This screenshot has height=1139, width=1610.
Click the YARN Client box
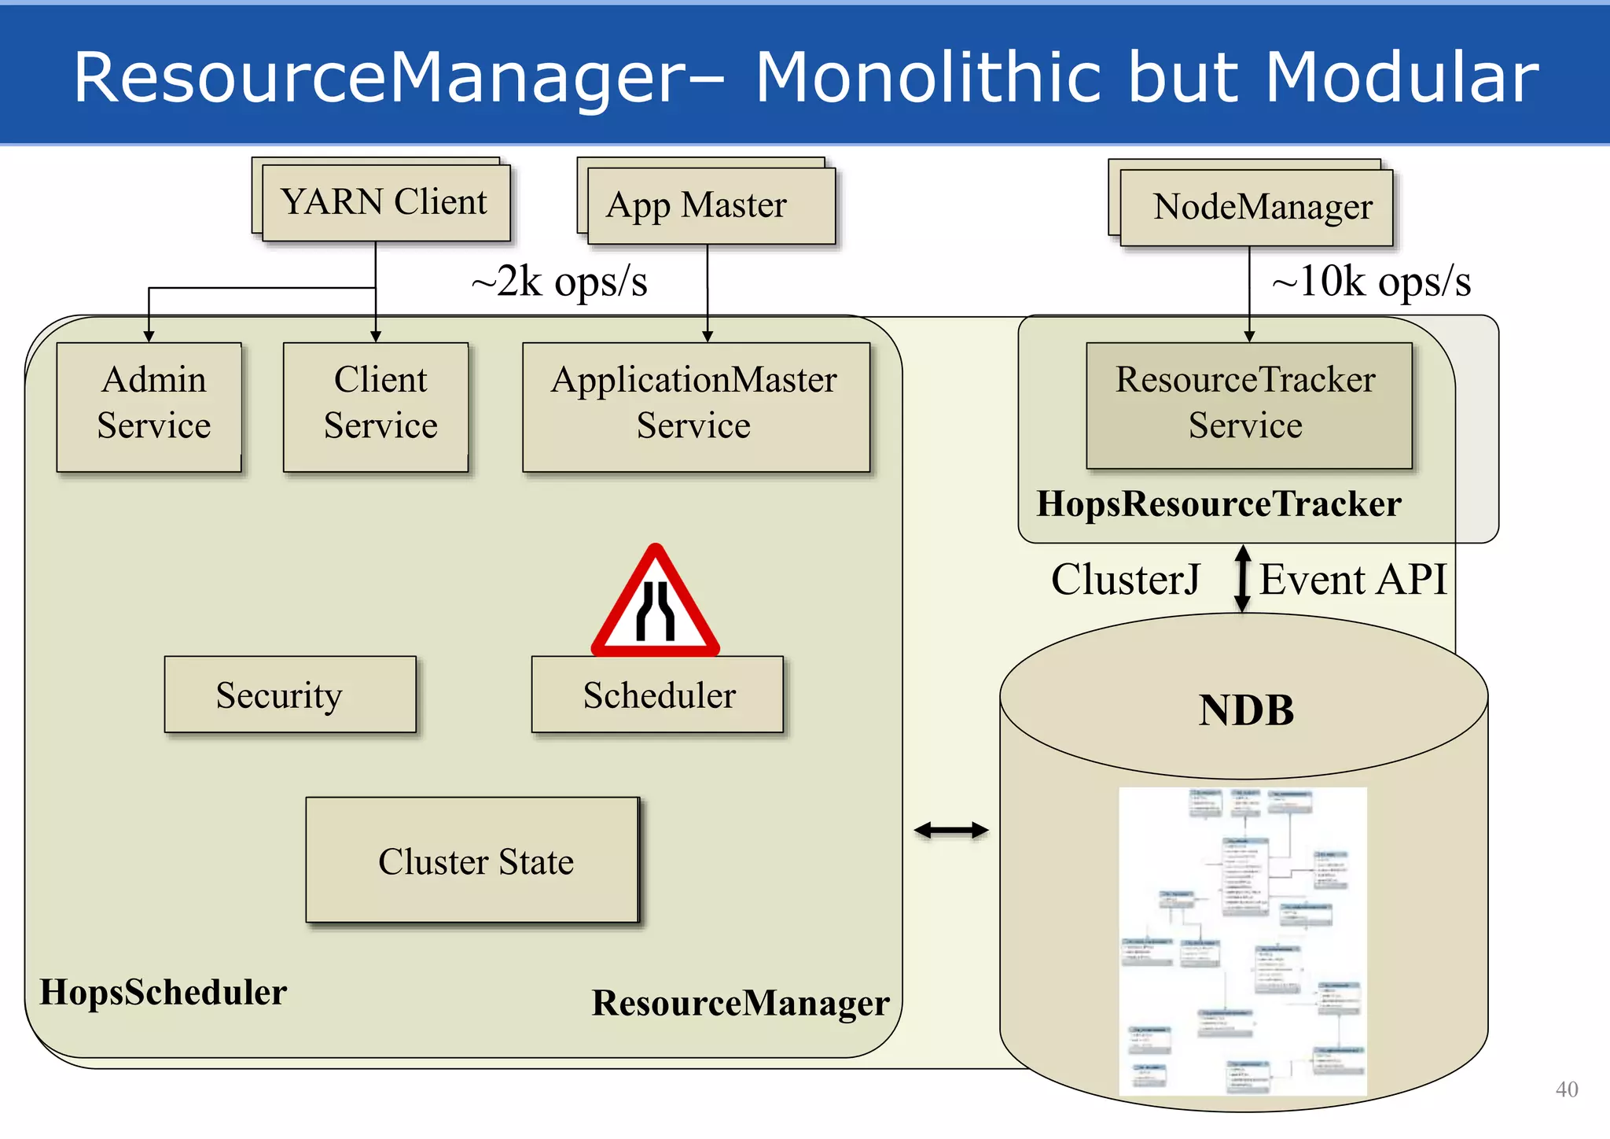point(385,203)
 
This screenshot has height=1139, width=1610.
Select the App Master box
point(711,206)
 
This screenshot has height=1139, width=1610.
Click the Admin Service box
point(149,407)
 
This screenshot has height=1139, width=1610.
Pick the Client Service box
point(376,407)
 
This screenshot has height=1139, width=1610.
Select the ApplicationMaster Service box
point(696,407)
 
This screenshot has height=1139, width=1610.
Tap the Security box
point(290,695)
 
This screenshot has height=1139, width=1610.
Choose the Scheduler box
point(657,695)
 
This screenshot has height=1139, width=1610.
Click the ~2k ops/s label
point(559,282)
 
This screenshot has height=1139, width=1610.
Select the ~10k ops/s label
point(1371,281)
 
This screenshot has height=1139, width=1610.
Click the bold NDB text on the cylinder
point(1246,710)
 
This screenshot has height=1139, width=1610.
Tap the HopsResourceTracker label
point(1219,504)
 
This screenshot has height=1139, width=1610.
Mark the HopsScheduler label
point(164,992)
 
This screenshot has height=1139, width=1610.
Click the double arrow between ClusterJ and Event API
point(1242,579)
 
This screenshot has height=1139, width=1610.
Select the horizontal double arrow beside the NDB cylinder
point(951,830)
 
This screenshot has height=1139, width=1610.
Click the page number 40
point(1566,1089)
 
